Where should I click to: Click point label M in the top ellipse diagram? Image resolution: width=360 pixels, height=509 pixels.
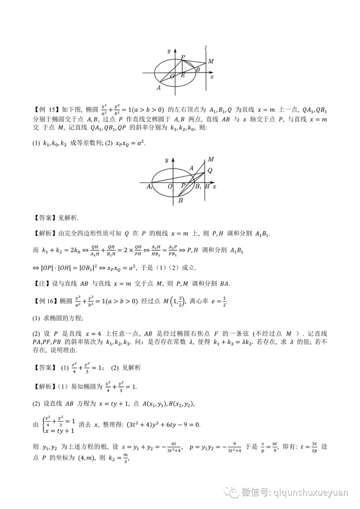coord(211,61)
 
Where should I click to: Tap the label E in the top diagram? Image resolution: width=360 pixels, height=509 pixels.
coord(183,75)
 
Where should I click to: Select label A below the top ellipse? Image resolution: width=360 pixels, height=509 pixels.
coord(159,88)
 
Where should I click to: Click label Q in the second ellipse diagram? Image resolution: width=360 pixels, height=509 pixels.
coord(210,171)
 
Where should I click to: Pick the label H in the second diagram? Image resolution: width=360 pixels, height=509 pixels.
coord(207,186)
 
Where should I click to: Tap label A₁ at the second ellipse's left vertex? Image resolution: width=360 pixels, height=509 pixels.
coord(149,187)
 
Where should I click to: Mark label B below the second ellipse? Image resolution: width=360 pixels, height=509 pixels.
coord(180,200)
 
